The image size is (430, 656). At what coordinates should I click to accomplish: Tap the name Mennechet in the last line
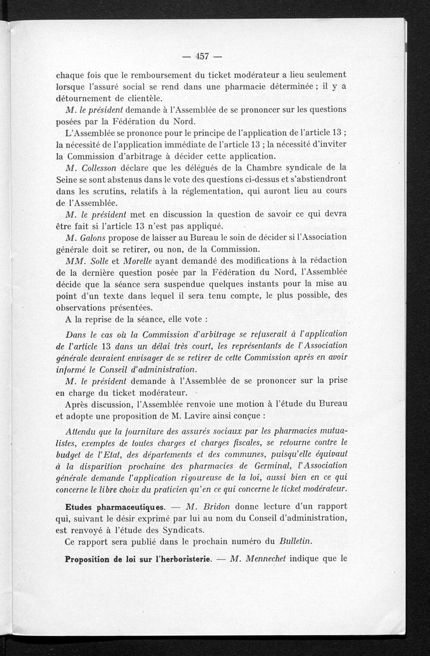coord(260,558)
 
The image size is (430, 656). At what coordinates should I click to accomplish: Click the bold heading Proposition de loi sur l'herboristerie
coord(137,558)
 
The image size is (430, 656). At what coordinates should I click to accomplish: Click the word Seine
coord(68,179)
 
